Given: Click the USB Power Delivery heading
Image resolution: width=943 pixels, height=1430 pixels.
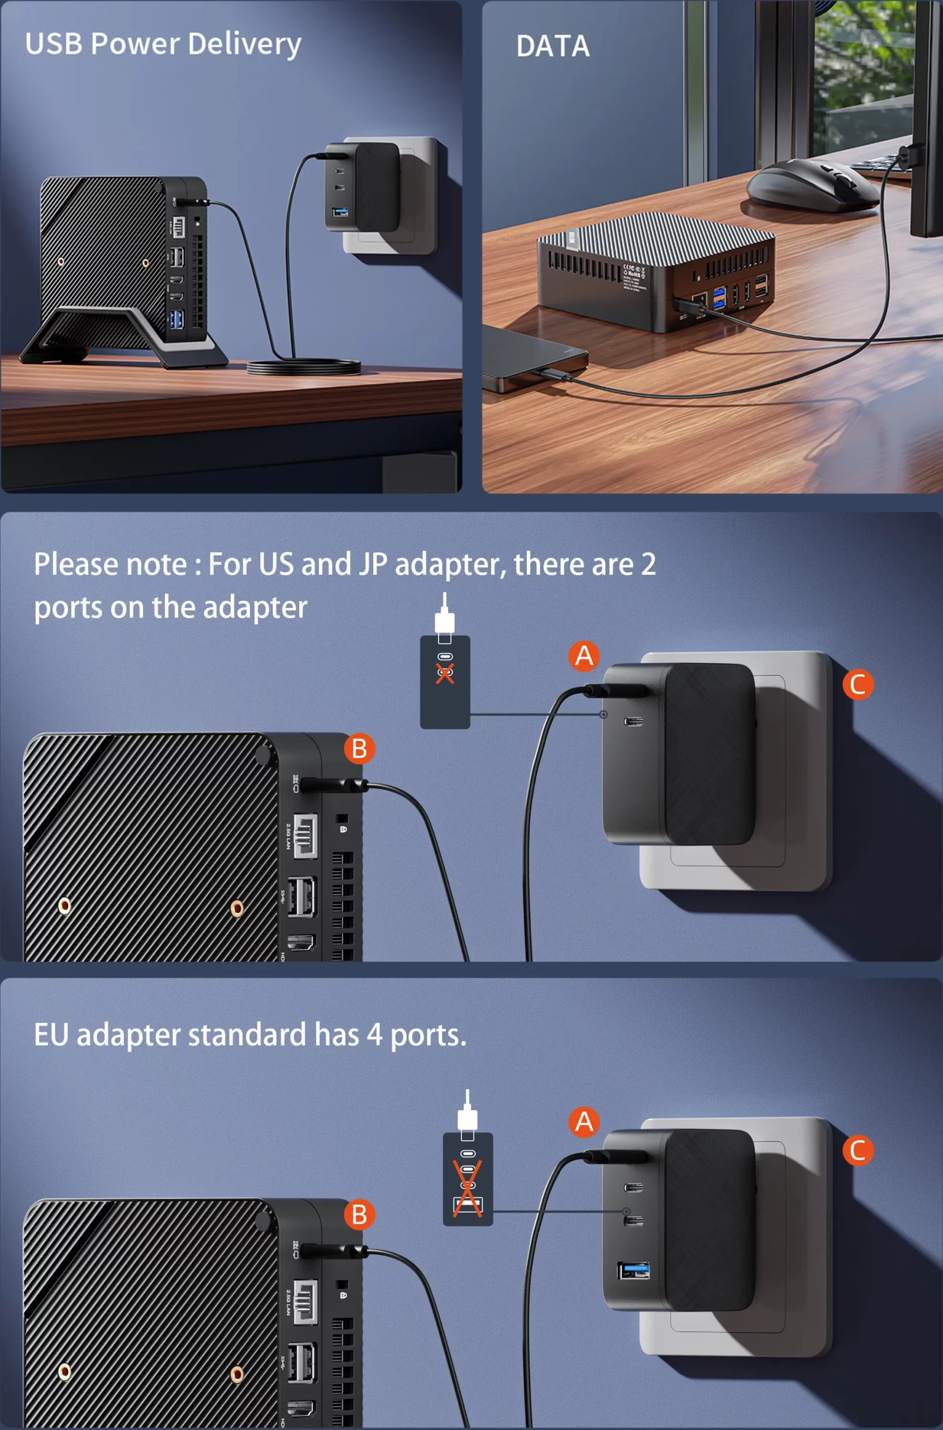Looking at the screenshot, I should click(x=163, y=44).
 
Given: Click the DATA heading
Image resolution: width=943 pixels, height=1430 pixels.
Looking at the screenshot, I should click(x=552, y=46).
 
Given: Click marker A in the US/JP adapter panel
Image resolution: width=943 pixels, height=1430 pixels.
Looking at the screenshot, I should click(x=584, y=655).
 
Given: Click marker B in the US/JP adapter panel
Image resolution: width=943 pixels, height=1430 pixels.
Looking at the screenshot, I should click(x=359, y=749).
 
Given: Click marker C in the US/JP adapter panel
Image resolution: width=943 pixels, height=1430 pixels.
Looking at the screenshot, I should click(x=858, y=684).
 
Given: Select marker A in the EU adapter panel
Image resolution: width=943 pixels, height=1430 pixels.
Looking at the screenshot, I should click(x=584, y=1122).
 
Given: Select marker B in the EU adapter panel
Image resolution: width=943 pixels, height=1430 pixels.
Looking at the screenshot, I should click(x=359, y=1215).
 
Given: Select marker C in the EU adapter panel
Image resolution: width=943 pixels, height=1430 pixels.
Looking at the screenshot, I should click(x=858, y=1150).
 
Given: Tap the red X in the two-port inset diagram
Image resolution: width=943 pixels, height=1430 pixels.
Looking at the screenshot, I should click(x=445, y=673).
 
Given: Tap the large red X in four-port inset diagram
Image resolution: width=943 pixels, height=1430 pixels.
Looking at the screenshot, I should click(x=467, y=1188).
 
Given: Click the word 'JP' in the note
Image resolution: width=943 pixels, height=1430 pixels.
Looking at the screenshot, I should click(x=373, y=564).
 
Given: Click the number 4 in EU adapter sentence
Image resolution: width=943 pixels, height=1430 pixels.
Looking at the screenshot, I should click(x=374, y=1035).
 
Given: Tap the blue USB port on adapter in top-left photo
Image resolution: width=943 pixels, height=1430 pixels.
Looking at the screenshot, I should click(x=340, y=212).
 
